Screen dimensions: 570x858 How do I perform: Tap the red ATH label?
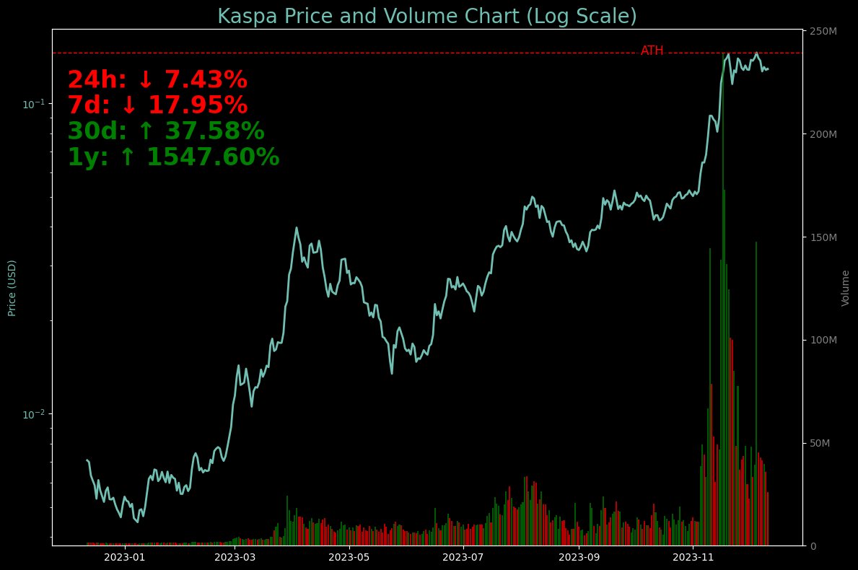pos(652,51)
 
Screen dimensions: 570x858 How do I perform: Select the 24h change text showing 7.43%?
pos(157,80)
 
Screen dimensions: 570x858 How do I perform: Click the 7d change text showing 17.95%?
pos(157,105)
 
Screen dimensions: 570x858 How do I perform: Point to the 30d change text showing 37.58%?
pos(166,131)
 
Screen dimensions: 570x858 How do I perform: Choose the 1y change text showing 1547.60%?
pos(173,157)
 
